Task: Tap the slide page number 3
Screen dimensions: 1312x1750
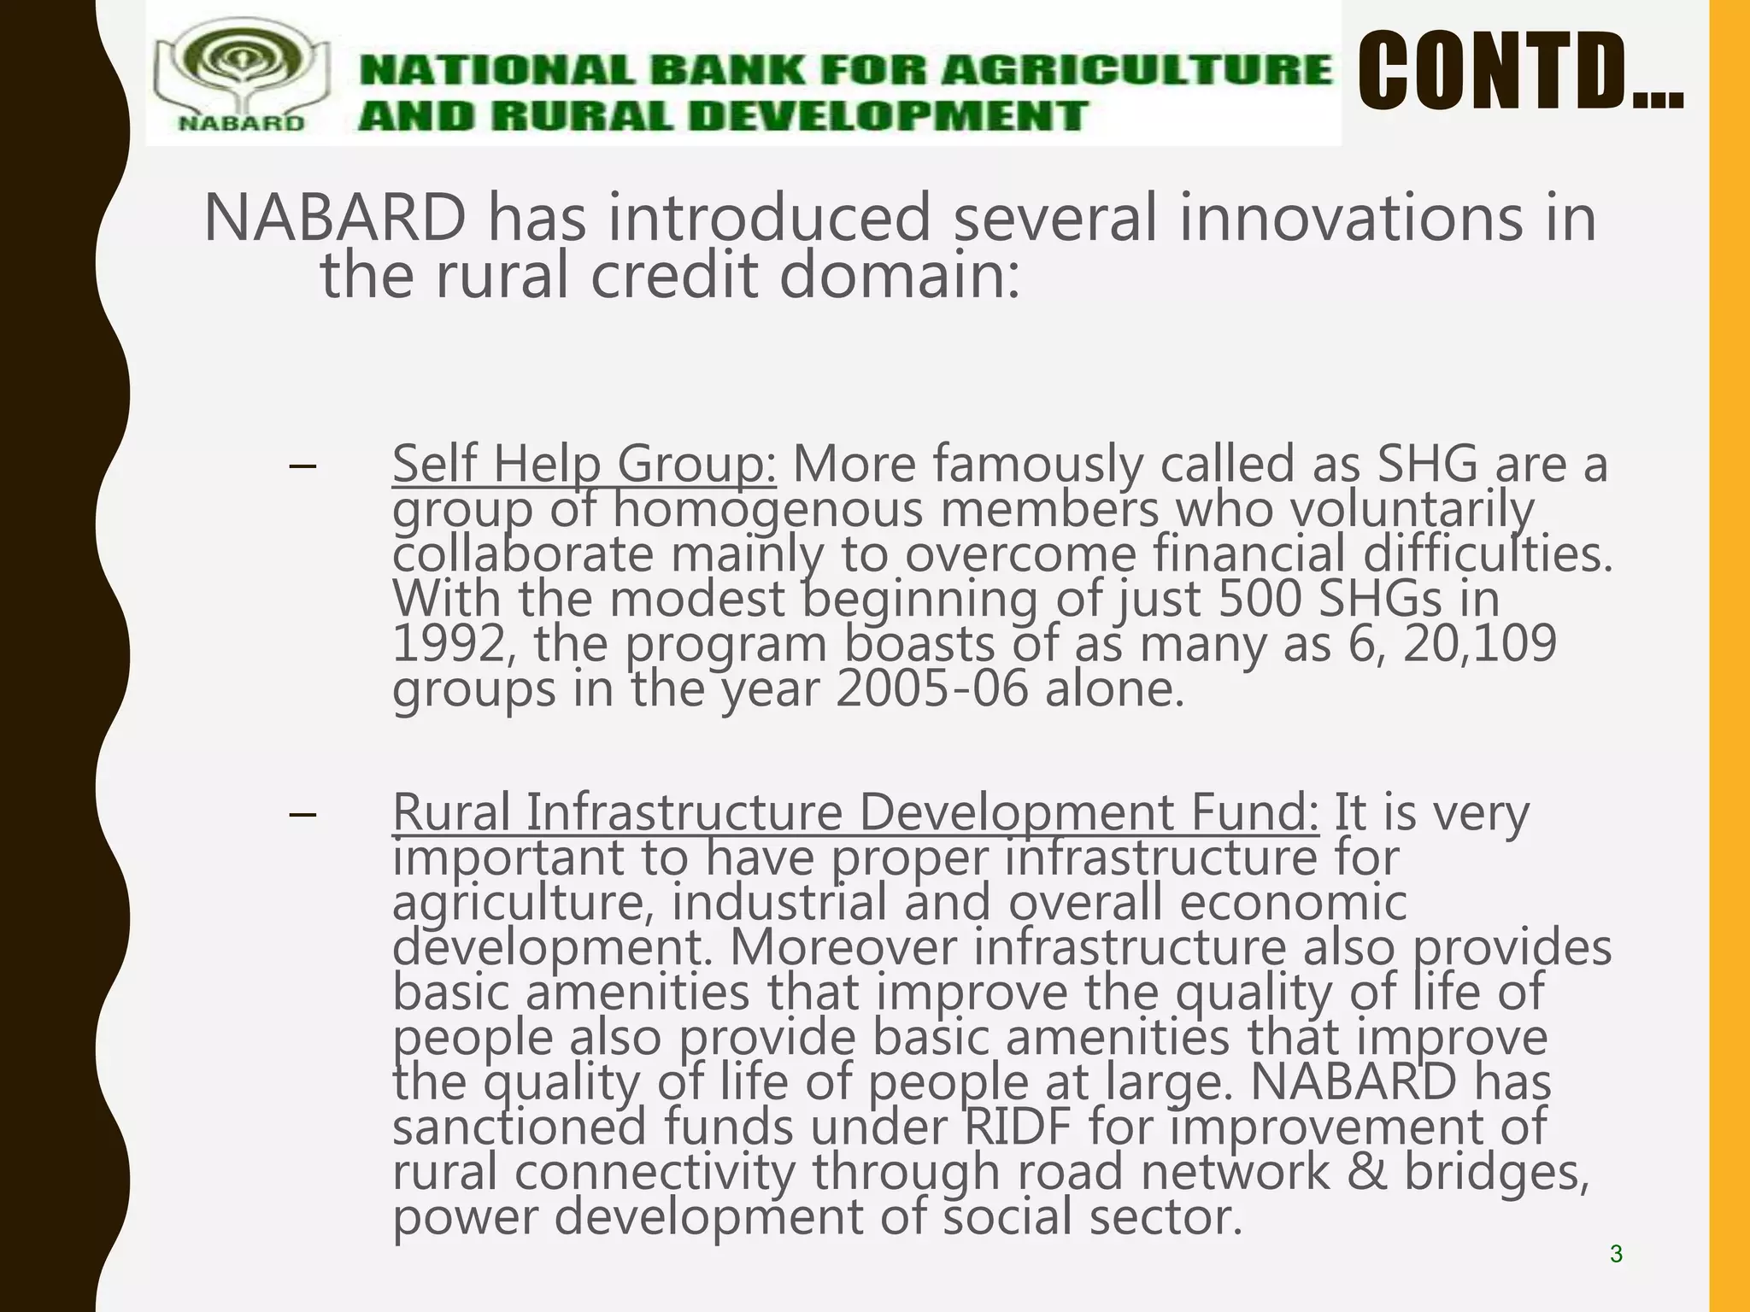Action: (1616, 1254)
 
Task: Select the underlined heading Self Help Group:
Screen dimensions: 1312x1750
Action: (584, 465)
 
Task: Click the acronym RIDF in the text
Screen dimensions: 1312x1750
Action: (1017, 1127)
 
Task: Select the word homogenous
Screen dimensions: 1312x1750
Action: (768, 510)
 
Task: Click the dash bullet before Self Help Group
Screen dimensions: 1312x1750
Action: (302, 466)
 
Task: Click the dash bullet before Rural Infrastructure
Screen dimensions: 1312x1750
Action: (302, 814)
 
